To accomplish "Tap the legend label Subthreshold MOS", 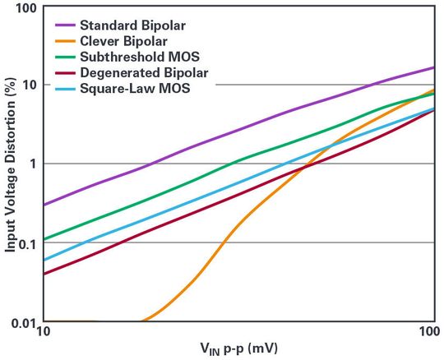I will pyautogui.click(x=142, y=58).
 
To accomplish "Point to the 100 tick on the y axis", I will pyautogui.click(x=25, y=8).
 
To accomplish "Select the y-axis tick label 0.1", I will pyautogui.click(x=26, y=243).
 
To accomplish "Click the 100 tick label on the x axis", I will pyautogui.click(x=428, y=332).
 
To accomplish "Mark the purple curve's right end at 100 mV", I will pyautogui.click(x=433, y=67).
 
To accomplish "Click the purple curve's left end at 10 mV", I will pyautogui.click(x=44, y=205).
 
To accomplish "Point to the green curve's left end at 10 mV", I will pyautogui.click(x=44, y=240).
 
